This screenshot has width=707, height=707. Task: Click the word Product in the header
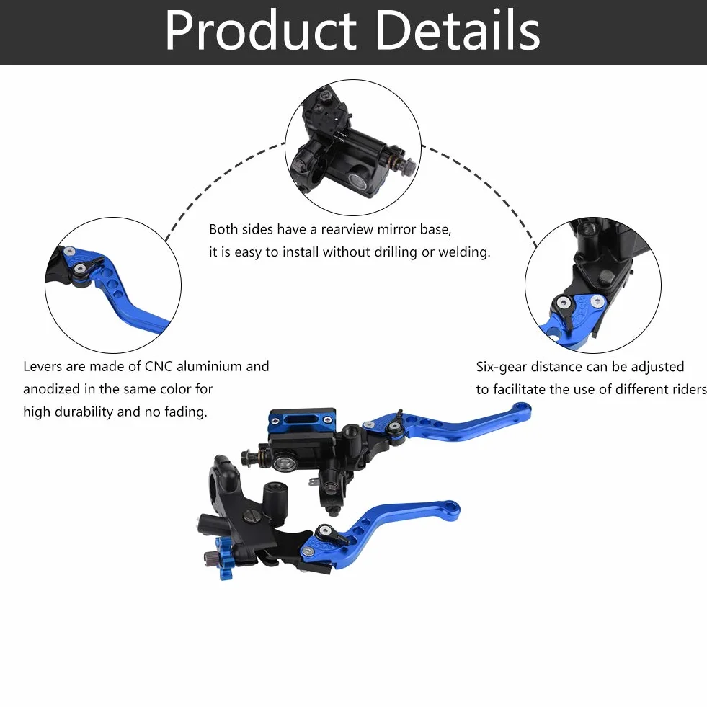click(261, 31)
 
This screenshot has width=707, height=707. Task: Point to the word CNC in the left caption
click(159, 366)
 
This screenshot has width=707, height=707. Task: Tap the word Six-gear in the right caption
click(501, 367)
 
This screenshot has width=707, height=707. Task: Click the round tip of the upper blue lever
click(522, 410)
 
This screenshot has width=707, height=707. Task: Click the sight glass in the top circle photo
click(359, 179)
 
